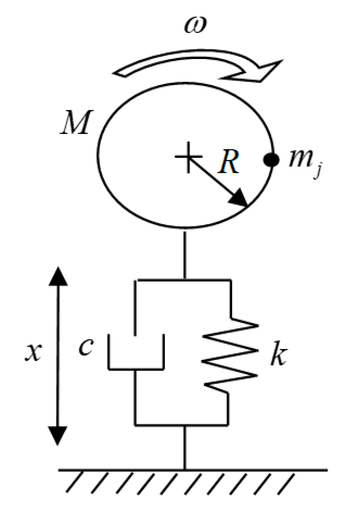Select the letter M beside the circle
click(x=75, y=123)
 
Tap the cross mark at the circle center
click(x=189, y=157)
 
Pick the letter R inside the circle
click(x=228, y=161)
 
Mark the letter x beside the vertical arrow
click(x=33, y=353)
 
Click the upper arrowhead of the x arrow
click(x=58, y=276)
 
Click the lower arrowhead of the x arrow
click(x=58, y=435)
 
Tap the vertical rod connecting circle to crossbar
click(x=185, y=255)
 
